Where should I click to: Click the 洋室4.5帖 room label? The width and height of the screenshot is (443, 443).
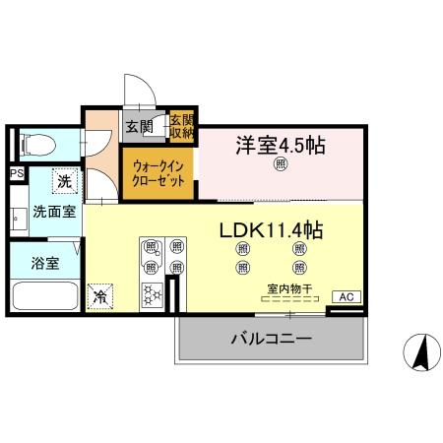(280, 145)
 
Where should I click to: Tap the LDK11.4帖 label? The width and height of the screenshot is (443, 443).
(271, 230)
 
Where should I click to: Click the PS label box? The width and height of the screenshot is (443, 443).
(16, 174)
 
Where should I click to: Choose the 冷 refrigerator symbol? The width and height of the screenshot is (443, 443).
(98, 294)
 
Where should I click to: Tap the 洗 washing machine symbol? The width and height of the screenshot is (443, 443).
(64, 181)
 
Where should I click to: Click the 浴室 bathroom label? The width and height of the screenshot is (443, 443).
(43, 264)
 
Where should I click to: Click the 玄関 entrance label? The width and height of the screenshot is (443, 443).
(139, 126)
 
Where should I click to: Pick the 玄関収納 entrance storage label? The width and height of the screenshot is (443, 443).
(181, 125)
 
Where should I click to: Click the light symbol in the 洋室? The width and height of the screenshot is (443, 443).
(280, 164)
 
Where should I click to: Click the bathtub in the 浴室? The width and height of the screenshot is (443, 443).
(44, 295)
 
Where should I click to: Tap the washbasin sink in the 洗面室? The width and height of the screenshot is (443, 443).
(18, 217)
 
